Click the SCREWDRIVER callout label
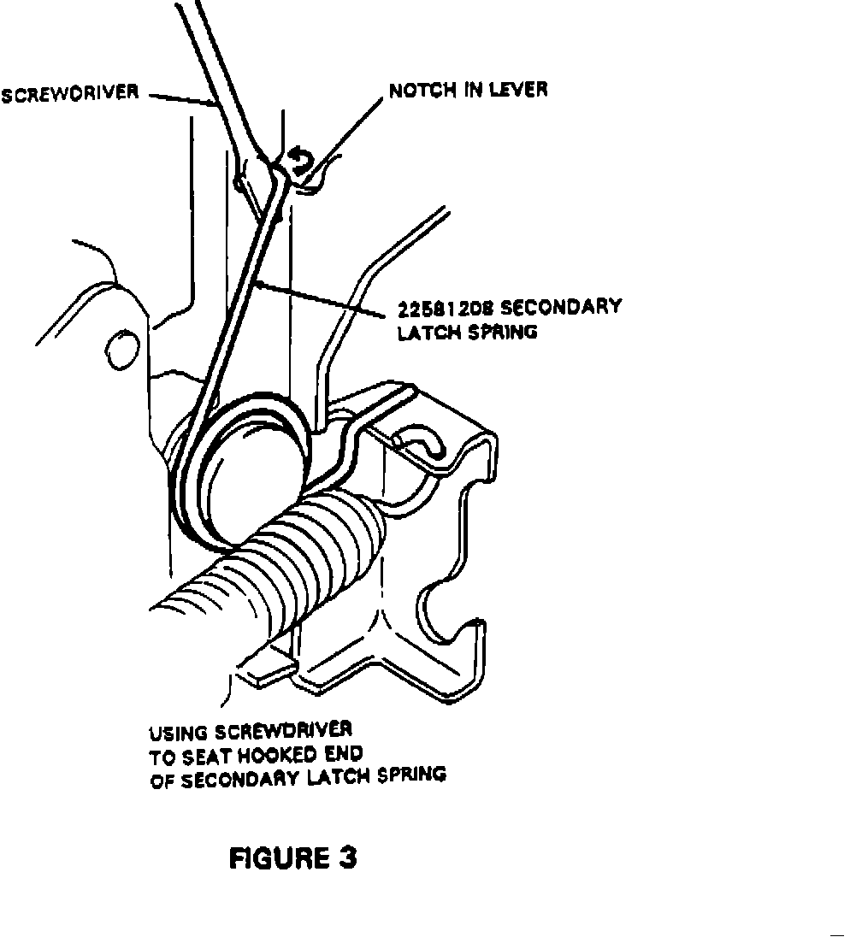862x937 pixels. [69, 93]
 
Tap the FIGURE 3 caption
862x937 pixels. [292, 857]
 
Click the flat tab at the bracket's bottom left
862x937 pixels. [265, 665]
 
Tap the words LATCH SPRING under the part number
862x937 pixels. [467, 332]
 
